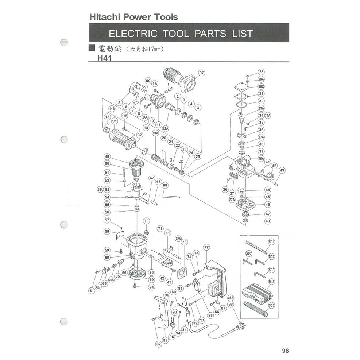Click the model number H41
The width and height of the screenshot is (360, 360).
(104, 57)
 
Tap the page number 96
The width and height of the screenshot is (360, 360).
(285, 351)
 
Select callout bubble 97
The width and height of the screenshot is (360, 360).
(202, 73)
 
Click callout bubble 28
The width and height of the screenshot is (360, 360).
(261, 72)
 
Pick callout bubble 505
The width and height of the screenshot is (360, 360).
(272, 305)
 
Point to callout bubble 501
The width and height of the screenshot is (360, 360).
(271, 242)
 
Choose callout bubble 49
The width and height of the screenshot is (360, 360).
(107, 156)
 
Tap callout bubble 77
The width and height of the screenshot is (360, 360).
(206, 247)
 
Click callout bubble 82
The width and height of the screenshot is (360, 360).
(158, 344)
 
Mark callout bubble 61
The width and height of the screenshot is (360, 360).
(92, 291)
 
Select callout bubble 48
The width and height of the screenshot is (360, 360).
(268, 221)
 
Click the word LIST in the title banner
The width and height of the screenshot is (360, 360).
(239, 34)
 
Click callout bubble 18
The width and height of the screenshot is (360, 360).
(146, 128)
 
